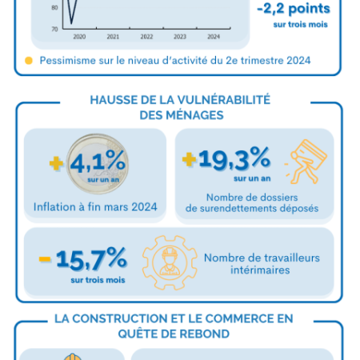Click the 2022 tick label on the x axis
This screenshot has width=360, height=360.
tap(146, 37)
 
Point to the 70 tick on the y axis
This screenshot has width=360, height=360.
tap(54, 29)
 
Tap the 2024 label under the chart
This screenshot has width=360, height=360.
tap(214, 37)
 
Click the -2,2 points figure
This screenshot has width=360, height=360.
tap(294, 9)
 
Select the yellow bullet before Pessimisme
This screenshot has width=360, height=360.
tap(29, 61)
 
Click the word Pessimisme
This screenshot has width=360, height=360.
tap(68, 61)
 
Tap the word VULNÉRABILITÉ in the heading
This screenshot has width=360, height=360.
tap(224, 100)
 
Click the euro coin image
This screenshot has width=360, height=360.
tap(98, 164)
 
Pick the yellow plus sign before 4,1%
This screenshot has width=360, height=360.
tap(56, 163)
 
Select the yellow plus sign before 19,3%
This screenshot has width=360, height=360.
tap(189, 159)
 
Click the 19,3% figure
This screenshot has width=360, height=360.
tap(234, 159)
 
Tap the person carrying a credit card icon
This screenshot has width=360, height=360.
tap(306, 162)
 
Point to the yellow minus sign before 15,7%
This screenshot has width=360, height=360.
tap(45, 259)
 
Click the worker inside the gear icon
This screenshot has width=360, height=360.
tap(170, 262)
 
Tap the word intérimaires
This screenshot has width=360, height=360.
tap(260, 270)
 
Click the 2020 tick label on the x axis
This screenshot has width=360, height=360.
tap(79, 37)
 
